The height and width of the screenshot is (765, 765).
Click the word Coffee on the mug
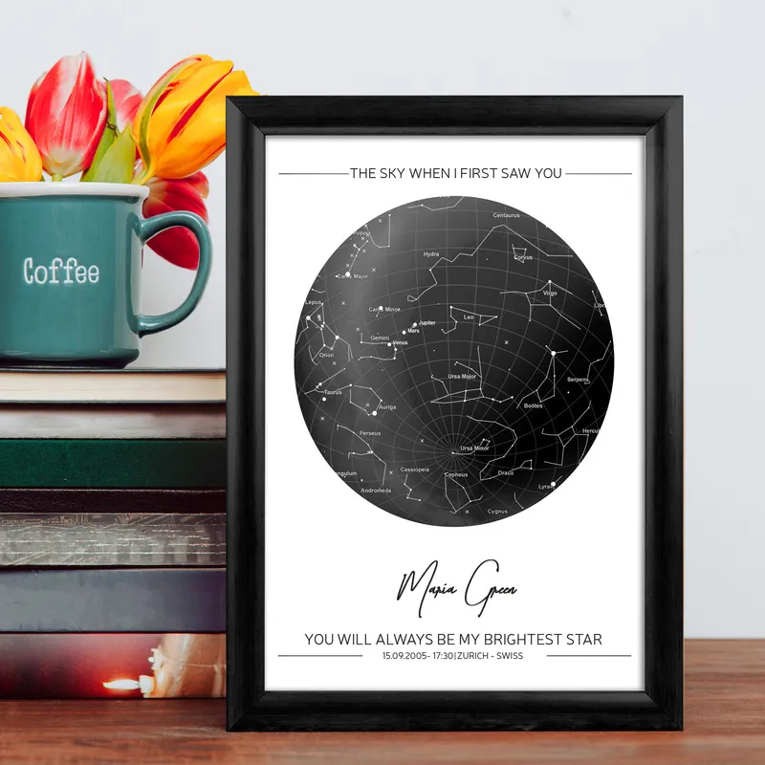click(61, 272)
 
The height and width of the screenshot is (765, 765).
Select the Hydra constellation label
click(431, 254)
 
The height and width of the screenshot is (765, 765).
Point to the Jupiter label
click(426, 323)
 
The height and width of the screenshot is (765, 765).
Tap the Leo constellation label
click(469, 317)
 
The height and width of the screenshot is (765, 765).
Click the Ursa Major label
click(462, 377)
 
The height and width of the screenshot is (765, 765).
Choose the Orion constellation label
click(327, 355)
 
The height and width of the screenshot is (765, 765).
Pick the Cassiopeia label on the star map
click(415, 470)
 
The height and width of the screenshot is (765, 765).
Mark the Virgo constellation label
click(550, 294)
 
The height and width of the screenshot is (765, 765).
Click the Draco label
click(506, 472)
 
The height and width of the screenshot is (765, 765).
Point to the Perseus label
click(370, 433)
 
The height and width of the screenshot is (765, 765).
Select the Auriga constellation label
click(387, 407)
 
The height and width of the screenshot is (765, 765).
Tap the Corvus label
click(523, 257)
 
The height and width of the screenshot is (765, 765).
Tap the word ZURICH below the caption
click(476, 656)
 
